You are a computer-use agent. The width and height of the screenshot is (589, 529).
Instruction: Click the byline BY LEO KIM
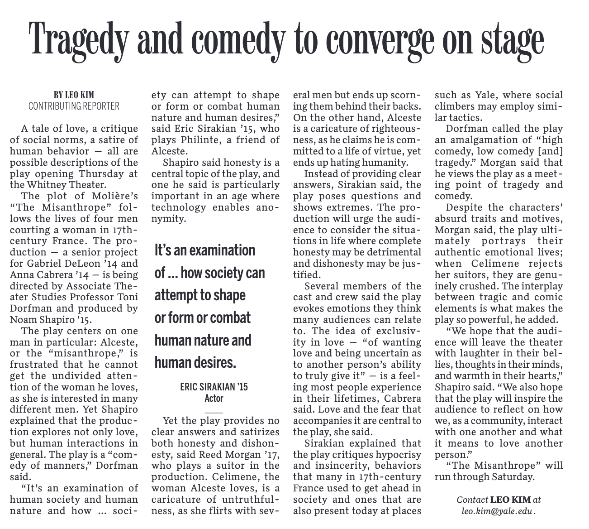(x=74, y=95)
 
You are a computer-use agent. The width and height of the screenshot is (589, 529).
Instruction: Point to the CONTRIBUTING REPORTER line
(x=74, y=106)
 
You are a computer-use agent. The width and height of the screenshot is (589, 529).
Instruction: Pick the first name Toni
(x=128, y=297)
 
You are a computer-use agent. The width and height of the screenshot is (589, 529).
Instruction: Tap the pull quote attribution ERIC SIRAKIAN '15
(x=214, y=387)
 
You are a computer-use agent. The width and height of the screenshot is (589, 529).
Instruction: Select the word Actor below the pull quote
(x=214, y=399)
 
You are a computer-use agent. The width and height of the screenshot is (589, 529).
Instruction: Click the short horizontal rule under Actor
(x=214, y=413)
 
